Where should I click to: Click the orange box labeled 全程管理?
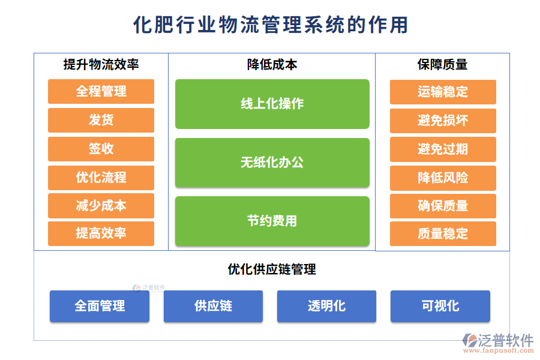click(x=101, y=92)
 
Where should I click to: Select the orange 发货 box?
click(x=101, y=120)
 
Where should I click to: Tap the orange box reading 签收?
click(x=101, y=149)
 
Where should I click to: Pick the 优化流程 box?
click(x=101, y=178)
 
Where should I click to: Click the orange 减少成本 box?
click(x=101, y=206)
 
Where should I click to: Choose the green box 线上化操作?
click(x=272, y=104)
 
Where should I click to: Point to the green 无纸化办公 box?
click(x=272, y=163)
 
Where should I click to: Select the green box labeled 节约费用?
click(x=272, y=221)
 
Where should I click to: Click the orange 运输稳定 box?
click(x=443, y=92)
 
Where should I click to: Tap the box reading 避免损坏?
click(x=443, y=121)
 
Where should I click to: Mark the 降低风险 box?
click(x=443, y=178)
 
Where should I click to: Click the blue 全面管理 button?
click(x=100, y=306)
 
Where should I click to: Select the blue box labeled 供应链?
click(x=213, y=306)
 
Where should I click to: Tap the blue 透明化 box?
click(x=326, y=306)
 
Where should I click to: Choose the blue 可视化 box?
click(x=440, y=306)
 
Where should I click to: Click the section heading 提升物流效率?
click(x=101, y=65)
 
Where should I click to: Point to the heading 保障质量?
click(x=443, y=65)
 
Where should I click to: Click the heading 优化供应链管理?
click(x=272, y=269)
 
